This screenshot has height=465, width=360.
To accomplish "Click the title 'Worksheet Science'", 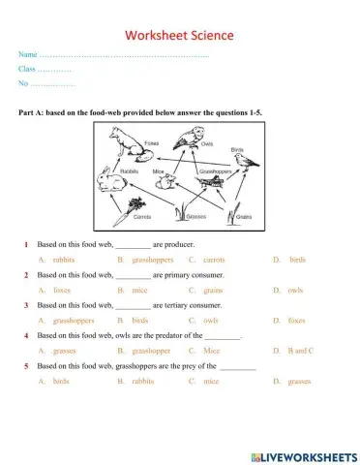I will pyautogui.click(x=179, y=38).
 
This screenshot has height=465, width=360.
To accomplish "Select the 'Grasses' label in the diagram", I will pyautogui.click(x=197, y=217).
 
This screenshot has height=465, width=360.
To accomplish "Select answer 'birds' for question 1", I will pyautogui.click(x=297, y=260).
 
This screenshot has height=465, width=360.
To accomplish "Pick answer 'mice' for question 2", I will pyautogui.click(x=139, y=290).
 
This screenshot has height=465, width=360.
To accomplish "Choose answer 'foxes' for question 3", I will pyautogui.click(x=297, y=320).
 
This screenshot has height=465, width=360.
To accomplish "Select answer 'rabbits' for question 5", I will pyautogui.click(x=143, y=381).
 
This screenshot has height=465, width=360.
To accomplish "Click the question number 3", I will pyautogui.click(x=26, y=305).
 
